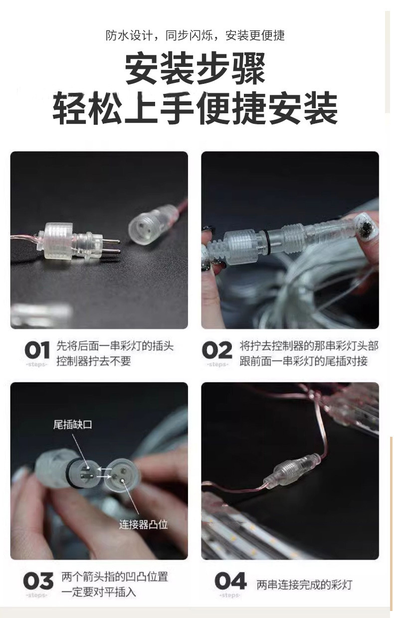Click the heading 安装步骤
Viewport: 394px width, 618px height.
tap(195, 69)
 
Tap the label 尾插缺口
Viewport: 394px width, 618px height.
tap(72, 424)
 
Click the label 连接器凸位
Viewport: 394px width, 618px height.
tap(143, 525)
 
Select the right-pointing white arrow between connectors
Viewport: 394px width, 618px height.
tap(103, 476)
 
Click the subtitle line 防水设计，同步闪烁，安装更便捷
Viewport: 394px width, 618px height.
tap(195, 35)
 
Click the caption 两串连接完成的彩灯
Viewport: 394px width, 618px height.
tap(305, 585)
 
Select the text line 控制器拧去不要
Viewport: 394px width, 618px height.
tap(94, 361)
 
